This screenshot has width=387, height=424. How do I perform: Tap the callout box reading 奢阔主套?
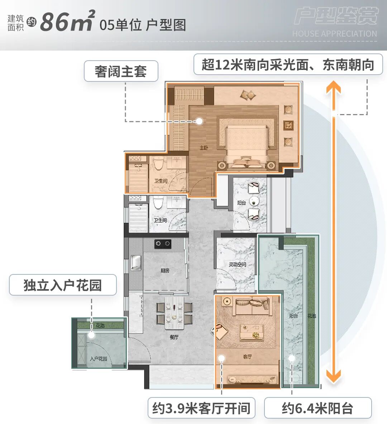[121, 71]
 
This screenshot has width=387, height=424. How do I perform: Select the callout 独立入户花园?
[63, 285]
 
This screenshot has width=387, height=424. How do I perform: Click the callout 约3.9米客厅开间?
[201, 408]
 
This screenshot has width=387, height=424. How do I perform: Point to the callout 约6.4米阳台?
[317, 408]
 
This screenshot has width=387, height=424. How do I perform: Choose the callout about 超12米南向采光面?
[288, 65]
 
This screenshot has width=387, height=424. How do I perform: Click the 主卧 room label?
[204, 148]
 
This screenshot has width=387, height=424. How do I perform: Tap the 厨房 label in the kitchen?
[165, 270]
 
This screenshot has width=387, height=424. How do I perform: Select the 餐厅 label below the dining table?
[174, 337]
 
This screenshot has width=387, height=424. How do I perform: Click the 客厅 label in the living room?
[247, 357]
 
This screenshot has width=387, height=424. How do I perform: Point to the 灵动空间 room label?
[237, 264]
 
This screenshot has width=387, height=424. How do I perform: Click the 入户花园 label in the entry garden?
[99, 359]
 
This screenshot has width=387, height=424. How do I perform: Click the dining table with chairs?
[174, 312]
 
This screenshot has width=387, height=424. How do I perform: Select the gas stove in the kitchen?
[162, 244]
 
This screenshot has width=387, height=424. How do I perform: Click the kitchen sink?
[136, 262]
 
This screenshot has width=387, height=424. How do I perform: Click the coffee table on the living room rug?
[252, 331]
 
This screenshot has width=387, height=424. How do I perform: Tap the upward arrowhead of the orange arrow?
[333, 88]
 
